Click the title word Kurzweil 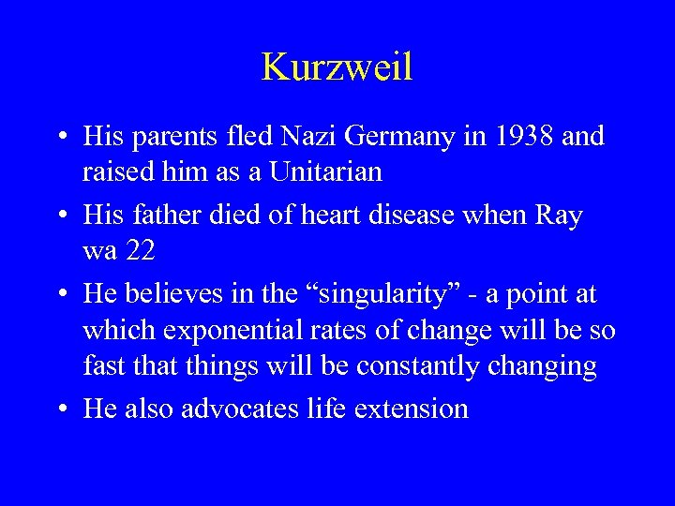[337, 67]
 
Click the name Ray [560, 217]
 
